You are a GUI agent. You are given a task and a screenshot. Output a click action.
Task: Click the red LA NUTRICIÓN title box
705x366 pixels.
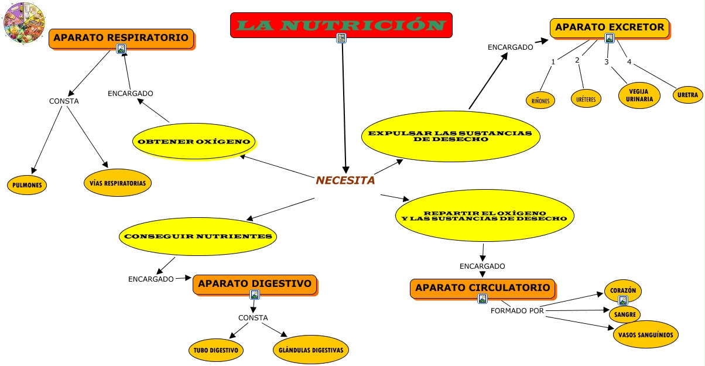341,25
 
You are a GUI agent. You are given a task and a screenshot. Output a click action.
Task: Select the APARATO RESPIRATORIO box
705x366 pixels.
121,39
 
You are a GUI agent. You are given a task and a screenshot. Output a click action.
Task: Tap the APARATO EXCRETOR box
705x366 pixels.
609,28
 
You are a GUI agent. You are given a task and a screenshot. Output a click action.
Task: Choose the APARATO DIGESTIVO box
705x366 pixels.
255,284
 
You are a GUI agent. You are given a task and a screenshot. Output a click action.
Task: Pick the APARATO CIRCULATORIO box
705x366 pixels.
482,288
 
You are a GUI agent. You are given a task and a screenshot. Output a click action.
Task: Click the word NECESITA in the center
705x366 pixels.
345,180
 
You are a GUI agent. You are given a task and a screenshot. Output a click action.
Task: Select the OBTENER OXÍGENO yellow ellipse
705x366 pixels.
194,142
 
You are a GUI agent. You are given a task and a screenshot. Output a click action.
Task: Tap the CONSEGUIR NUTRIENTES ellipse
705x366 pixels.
198,237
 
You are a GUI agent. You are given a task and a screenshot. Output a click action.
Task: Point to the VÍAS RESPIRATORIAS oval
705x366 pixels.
118,183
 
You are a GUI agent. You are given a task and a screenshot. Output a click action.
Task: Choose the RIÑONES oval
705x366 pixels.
540,100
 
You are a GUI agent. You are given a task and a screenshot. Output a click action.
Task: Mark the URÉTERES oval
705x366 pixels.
586,100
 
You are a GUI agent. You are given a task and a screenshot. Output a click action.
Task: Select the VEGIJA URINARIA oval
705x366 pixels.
639,95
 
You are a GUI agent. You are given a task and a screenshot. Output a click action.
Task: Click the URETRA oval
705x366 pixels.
687,95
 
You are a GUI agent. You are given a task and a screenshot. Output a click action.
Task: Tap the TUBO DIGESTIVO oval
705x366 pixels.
215,350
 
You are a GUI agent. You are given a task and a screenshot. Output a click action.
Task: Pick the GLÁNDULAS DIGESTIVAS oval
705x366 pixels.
312,350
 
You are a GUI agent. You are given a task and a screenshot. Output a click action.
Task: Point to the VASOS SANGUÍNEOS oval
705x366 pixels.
646,335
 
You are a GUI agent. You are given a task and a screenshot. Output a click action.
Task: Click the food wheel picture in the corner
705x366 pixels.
24,23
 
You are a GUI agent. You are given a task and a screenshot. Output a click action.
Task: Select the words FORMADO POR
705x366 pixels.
517,310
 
